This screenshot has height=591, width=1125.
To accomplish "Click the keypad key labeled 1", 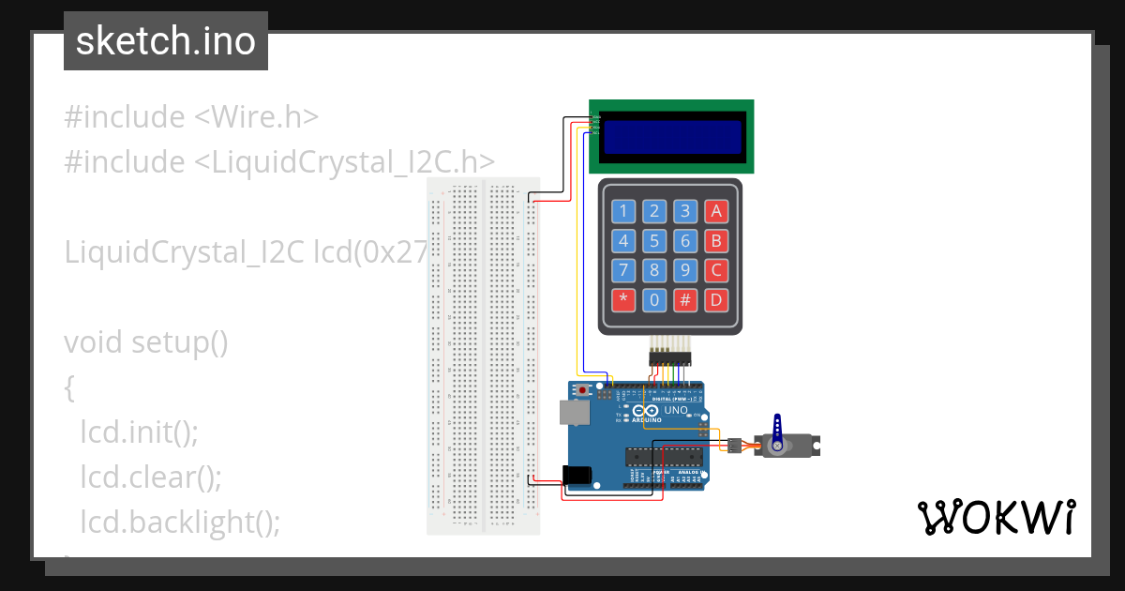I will pyautogui.click(x=625, y=211).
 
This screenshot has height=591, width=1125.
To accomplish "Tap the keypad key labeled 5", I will pyautogui.click(x=655, y=241).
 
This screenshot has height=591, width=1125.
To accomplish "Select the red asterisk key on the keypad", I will pyautogui.click(x=625, y=300).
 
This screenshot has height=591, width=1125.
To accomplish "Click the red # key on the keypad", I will pyautogui.click(x=685, y=300).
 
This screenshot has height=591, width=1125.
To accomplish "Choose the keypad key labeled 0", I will pyautogui.click(x=655, y=300).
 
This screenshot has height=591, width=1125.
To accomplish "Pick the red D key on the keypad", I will pyautogui.click(x=716, y=300).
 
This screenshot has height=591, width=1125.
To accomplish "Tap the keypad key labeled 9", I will pyautogui.click(x=685, y=271).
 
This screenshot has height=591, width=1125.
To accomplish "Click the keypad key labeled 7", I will pyautogui.click(x=625, y=271).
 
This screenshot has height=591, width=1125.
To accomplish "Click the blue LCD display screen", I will pyautogui.click(x=670, y=137).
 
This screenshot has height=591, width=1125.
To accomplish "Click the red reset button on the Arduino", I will pyautogui.click(x=583, y=389).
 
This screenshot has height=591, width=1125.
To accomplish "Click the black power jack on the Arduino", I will pyautogui.click(x=579, y=477).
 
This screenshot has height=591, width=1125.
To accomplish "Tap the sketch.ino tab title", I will pyautogui.click(x=166, y=41).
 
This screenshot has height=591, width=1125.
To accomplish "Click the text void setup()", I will pyautogui.click(x=146, y=342).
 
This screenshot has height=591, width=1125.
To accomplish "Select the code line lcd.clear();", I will pyautogui.click(x=151, y=477).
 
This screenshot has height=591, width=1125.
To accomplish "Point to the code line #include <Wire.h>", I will pyautogui.click(x=192, y=117).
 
